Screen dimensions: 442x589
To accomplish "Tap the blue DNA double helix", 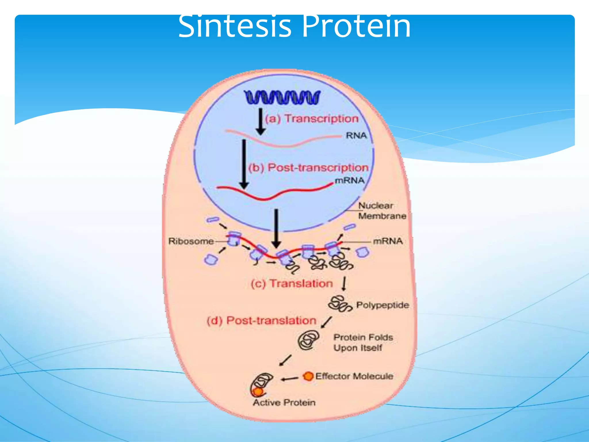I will tap(282, 97).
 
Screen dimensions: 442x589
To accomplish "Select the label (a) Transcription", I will tap(312, 119).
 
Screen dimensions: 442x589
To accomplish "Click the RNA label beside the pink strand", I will tap(356, 135).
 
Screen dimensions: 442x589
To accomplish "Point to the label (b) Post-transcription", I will tap(308, 167).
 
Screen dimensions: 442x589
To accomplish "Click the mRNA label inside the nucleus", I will tap(350, 180).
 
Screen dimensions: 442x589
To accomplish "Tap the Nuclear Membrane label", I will tap(382, 211).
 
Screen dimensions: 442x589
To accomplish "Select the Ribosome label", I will tap(191, 241).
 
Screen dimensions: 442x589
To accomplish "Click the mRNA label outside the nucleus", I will tap(388, 241).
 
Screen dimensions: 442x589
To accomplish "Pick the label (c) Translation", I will tap(292, 284).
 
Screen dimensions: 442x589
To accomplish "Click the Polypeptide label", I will tap(383, 305).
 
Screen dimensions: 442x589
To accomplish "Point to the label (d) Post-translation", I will tap(261, 321).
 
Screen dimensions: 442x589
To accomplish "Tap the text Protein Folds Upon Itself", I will tap(363, 342).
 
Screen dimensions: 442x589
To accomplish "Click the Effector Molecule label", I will tap(354, 376).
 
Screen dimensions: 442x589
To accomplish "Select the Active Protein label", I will tap(284, 402).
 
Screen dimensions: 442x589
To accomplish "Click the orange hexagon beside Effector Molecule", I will tap(308, 376).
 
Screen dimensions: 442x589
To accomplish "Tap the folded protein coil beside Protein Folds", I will tap(308, 340).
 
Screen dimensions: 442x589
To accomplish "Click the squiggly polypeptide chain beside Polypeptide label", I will tap(340, 304).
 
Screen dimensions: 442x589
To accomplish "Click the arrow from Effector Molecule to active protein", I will tap(290, 379).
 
